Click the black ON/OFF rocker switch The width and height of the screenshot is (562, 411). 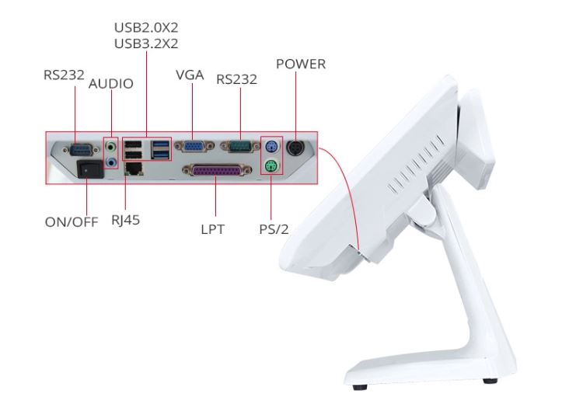coord(90,169)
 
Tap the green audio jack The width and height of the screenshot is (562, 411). coord(112,147)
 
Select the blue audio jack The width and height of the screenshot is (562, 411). coord(112,162)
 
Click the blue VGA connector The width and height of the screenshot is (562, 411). coord(194,147)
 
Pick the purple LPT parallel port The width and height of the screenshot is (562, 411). coord(217,170)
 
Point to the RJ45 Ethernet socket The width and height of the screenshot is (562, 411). coord(134,168)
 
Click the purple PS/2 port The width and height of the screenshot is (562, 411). coord(271,146)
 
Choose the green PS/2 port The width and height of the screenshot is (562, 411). coord(271,166)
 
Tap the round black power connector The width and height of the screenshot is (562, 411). coord(295,147)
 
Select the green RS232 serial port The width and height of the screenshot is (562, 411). coord(239,147)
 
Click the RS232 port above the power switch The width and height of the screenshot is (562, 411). coord(81,149)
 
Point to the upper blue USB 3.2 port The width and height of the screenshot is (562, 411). coord(161,145)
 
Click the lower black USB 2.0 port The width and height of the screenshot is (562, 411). coord(132,155)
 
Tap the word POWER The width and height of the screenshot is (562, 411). coord(301,64)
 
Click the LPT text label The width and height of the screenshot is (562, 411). coord(212,229)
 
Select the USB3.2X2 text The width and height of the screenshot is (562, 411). coord(146,44)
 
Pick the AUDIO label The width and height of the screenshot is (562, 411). coord(110,84)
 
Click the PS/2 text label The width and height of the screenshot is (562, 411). coord(274,229)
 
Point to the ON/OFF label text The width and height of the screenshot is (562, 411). coord(72,222)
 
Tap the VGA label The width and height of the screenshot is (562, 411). coord(190,75)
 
